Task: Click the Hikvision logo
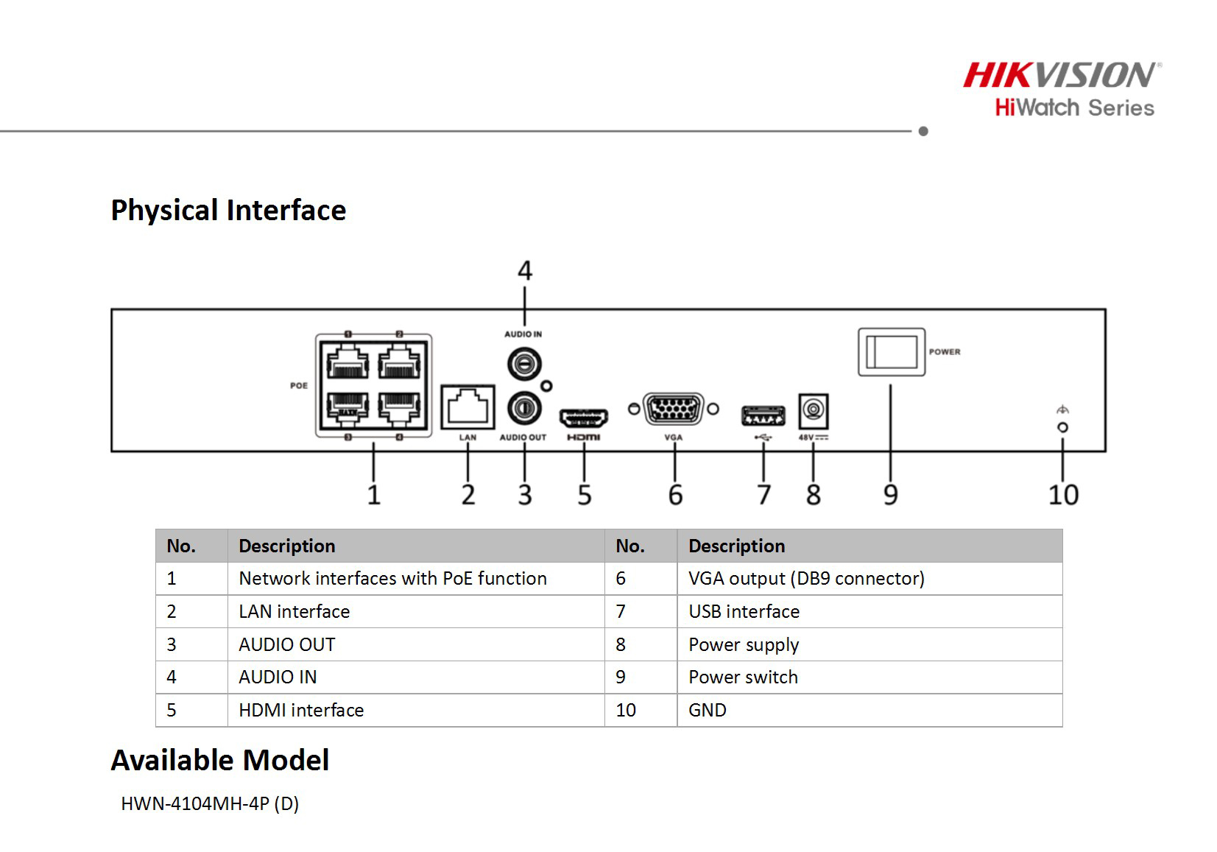(x=1062, y=75)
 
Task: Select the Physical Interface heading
(x=228, y=211)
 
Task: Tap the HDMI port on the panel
(x=584, y=418)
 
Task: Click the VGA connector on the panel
(x=673, y=409)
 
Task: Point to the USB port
(x=763, y=416)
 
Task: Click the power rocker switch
(x=892, y=352)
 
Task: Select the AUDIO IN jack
(x=524, y=364)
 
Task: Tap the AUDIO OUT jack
(x=524, y=408)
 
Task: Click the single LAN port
(x=468, y=407)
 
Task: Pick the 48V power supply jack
(x=814, y=411)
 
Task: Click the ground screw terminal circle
(x=1062, y=428)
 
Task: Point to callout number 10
(x=1063, y=495)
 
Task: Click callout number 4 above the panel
(x=525, y=270)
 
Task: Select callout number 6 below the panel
(x=675, y=495)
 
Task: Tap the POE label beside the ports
(x=299, y=386)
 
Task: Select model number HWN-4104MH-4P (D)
(x=210, y=803)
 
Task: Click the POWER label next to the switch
(x=945, y=352)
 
